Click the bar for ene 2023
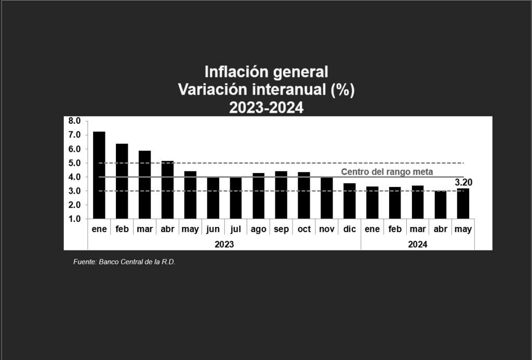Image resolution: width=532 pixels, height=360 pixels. (99, 175)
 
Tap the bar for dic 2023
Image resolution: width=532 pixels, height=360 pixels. (350, 201)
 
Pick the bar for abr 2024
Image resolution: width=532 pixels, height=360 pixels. (441, 205)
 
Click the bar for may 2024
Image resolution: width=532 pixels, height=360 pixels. (463, 204)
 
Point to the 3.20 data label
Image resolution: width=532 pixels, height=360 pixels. (463, 182)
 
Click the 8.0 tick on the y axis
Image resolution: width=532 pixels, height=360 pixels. (74, 121)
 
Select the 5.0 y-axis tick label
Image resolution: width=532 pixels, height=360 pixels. (74, 163)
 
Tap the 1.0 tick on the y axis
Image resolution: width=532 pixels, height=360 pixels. (74, 219)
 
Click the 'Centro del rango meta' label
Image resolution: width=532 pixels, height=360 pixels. (387, 171)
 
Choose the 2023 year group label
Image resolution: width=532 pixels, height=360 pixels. (224, 244)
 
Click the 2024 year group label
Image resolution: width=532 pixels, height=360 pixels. (418, 244)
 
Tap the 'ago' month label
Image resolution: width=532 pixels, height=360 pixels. (258, 229)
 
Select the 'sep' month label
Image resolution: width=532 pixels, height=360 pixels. (281, 229)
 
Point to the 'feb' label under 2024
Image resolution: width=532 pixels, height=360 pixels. (395, 229)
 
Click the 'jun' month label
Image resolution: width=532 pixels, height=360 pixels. (213, 229)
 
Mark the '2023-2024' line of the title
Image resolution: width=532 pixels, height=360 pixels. (266, 108)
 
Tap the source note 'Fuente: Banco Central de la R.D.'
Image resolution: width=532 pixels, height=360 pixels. (124, 262)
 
